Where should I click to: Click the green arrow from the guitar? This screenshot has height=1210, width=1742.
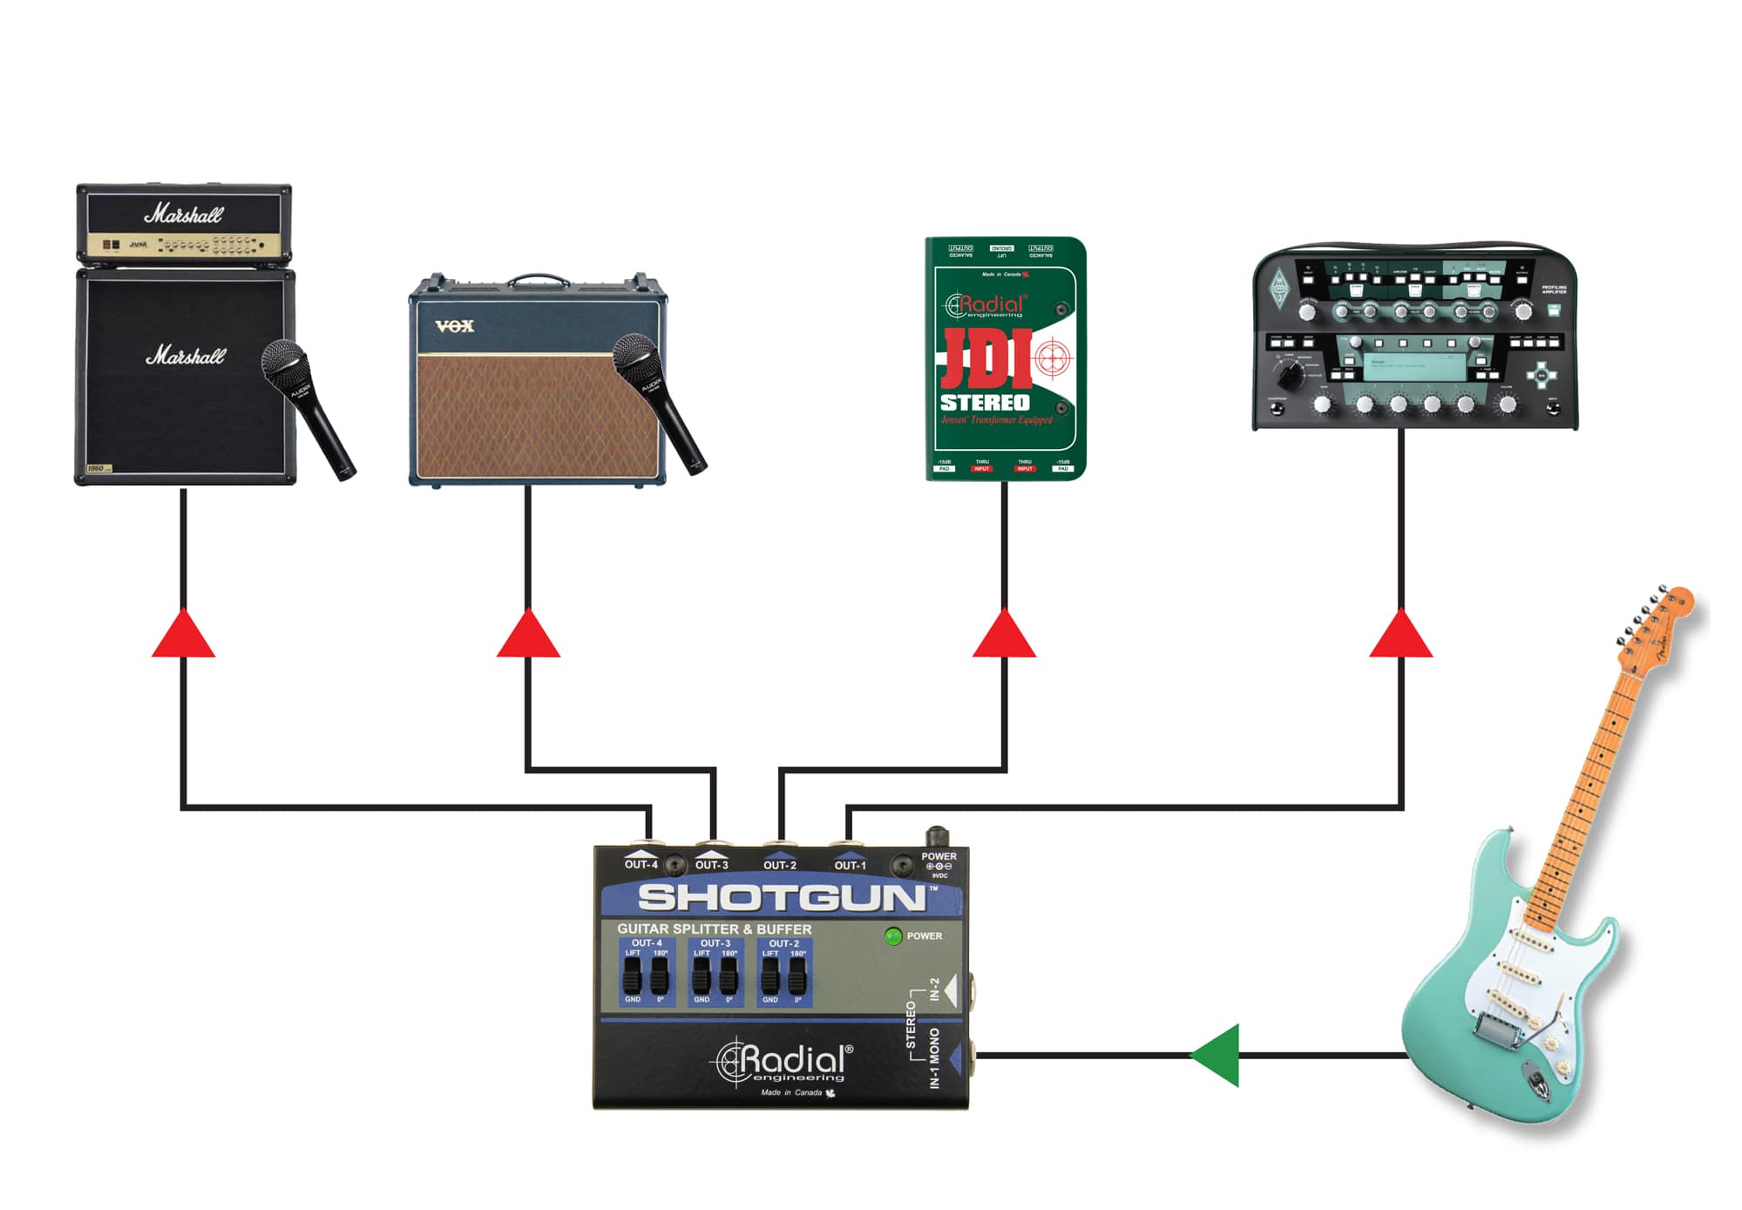(1217, 1056)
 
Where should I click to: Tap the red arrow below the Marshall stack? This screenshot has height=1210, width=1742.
(183, 636)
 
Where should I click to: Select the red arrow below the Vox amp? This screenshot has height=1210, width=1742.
(528, 636)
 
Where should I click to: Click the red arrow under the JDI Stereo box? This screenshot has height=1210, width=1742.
(1004, 636)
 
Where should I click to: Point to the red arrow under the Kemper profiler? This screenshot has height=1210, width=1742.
(1400, 636)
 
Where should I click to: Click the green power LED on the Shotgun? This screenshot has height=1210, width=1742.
(892, 936)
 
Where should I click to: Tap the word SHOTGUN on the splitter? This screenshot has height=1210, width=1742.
(781, 898)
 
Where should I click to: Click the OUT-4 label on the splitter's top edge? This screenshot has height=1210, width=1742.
(641, 865)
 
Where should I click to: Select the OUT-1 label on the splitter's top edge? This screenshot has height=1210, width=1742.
(850, 866)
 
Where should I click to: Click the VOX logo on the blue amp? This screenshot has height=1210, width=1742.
(454, 326)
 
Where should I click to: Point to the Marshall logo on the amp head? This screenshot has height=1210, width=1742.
(184, 214)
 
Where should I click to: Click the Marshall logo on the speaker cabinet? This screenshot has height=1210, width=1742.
(185, 356)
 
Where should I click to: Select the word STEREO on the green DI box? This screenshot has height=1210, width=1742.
(985, 403)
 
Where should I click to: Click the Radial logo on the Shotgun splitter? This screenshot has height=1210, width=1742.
(784, 1062)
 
